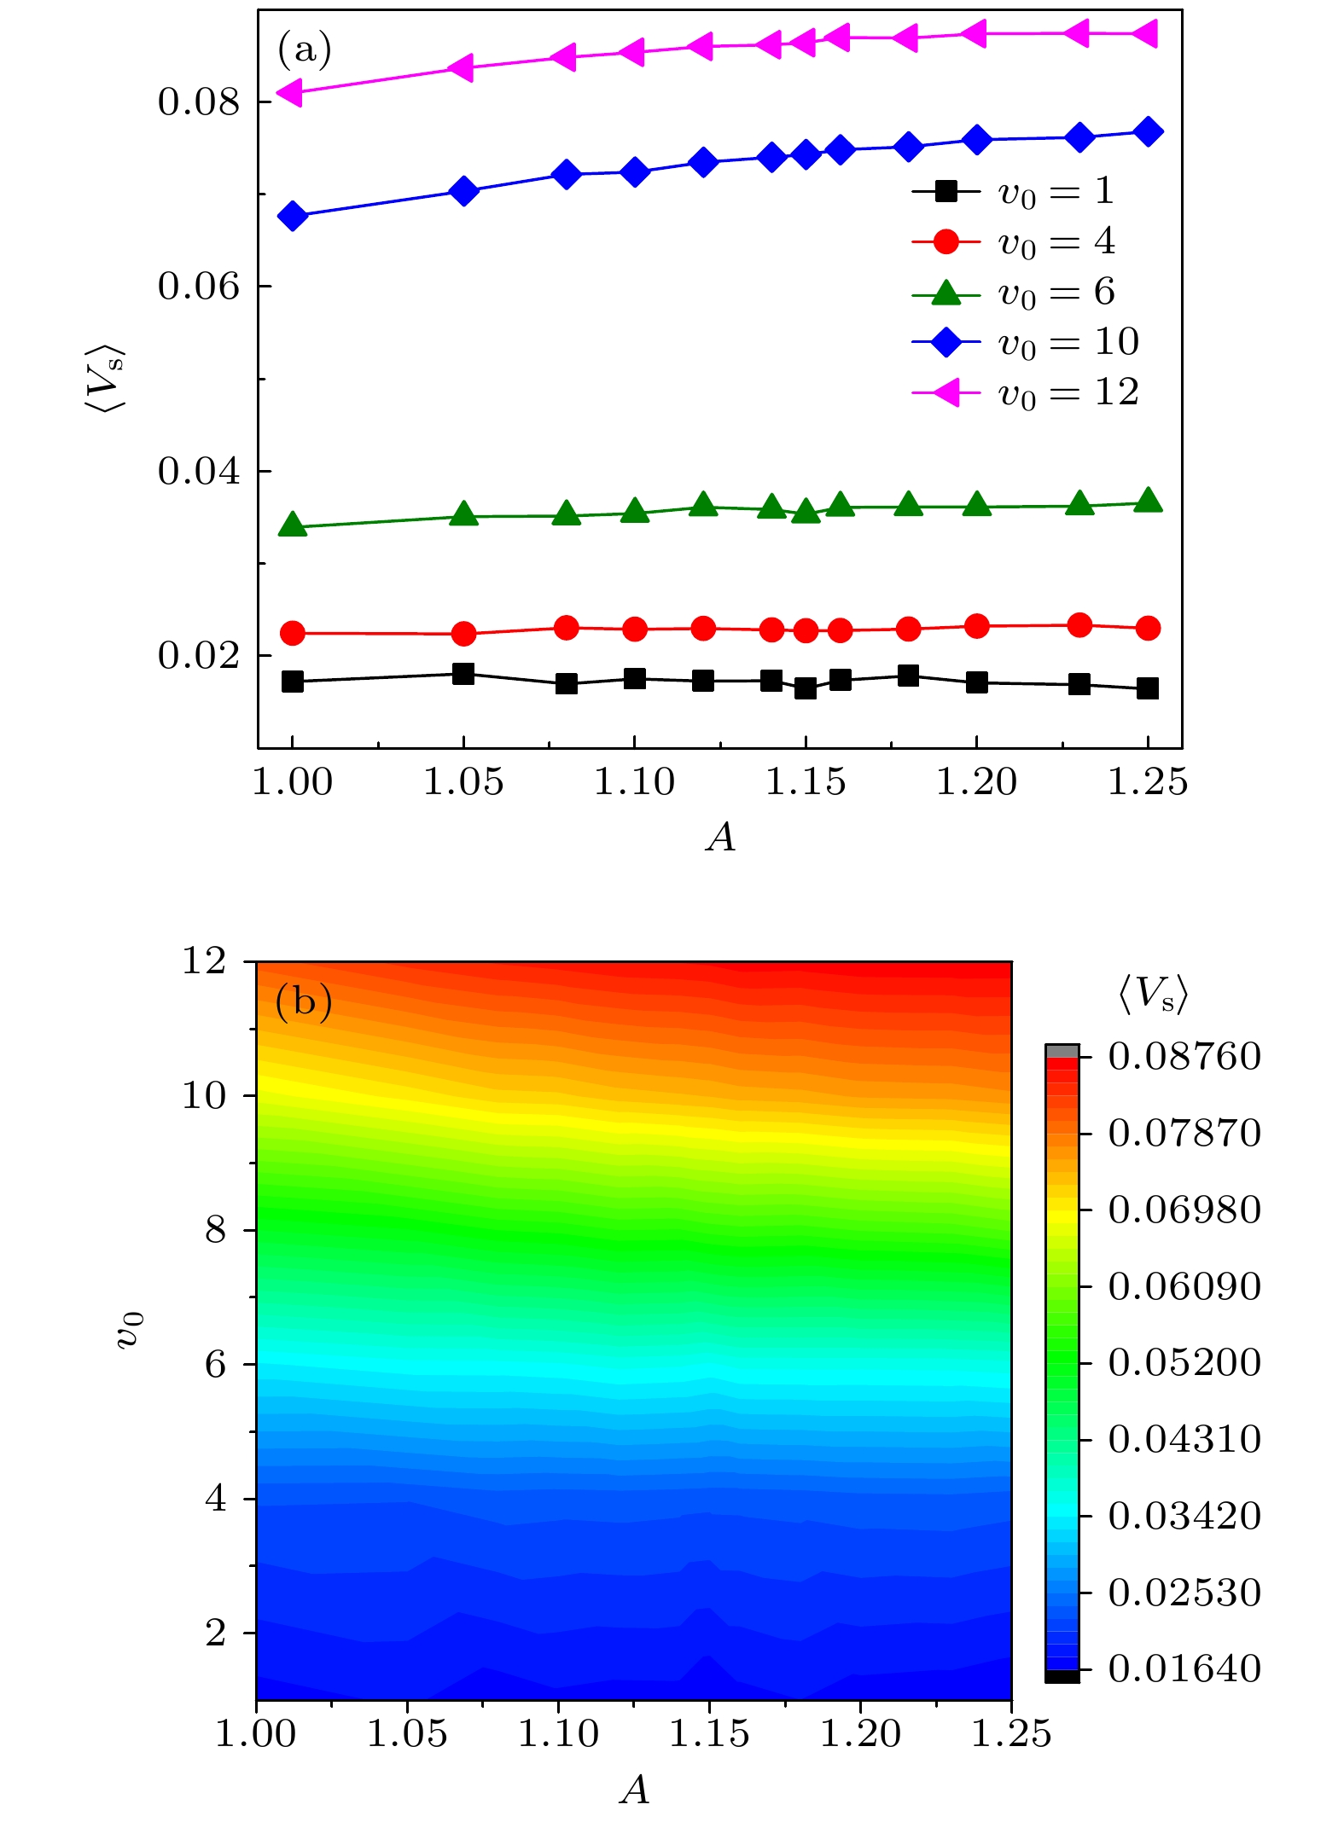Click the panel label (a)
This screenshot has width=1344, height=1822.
click(304, 50)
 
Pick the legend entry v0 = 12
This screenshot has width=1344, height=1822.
click(1024, 393)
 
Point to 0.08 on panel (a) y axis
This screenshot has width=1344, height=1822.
click(198, 102)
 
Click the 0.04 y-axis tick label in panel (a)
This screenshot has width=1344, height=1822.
click(198, 471)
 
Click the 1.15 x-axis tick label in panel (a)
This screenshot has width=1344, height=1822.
click(805, 782)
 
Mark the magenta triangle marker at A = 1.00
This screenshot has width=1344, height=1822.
click(290, 91)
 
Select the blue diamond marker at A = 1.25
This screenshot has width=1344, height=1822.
click(1149, 131)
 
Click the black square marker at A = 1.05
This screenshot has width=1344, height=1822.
click(463, 674)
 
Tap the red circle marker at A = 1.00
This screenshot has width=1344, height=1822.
click(293, 633)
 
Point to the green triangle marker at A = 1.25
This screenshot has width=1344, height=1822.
click(1149, 501)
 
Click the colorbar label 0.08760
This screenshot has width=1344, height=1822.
click(1184, 1057)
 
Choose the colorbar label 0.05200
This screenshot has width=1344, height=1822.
click(1184, 1362)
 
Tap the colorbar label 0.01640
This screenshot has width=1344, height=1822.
click(1184, 1668)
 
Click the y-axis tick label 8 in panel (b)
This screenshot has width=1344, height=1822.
click(216, 1230)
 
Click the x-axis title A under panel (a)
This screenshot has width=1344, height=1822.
click(721, 838)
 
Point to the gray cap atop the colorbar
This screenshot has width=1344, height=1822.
click(1062, 1051)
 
